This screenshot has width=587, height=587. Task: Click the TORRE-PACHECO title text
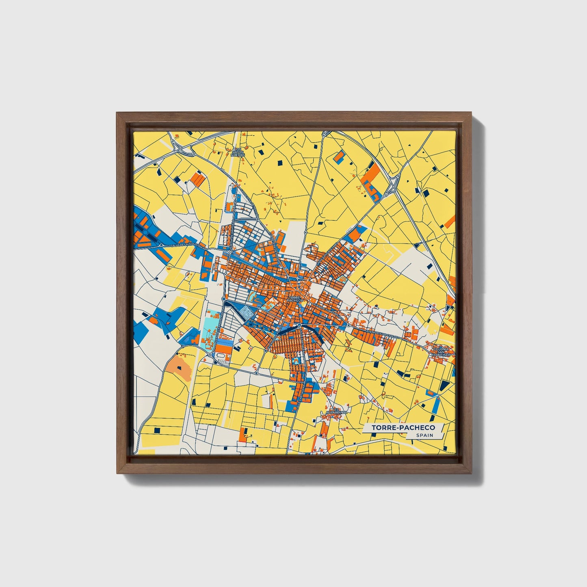403,428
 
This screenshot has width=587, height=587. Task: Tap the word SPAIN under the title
424,435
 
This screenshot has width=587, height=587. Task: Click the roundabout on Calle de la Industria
161,245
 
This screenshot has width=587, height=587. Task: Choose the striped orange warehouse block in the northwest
197,179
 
